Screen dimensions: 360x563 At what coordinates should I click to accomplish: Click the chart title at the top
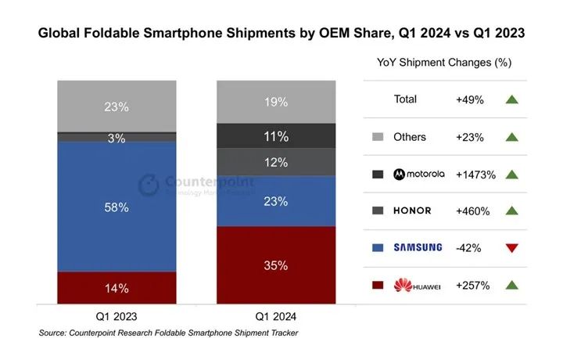coord(281,34)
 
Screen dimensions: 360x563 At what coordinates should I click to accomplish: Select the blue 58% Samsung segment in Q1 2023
coord(117,207)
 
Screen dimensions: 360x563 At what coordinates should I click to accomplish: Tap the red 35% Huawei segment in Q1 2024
coord(276,265)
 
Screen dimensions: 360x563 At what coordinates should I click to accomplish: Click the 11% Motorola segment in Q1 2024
coord(276,136)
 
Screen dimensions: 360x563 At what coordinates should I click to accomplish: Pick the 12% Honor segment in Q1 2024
coord(276,162)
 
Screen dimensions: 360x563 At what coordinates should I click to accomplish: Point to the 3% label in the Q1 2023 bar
coord(117,138)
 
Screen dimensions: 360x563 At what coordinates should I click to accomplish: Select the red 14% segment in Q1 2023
coord(117,287)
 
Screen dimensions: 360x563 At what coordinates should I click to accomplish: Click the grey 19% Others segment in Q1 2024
coord(276,102)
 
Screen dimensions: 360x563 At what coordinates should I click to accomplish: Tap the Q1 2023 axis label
coord(117,317)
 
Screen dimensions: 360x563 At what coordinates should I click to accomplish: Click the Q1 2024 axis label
coord(276,317)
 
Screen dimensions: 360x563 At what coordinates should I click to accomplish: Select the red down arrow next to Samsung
coord(512,248)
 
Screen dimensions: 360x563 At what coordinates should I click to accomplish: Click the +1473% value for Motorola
coord(475,175)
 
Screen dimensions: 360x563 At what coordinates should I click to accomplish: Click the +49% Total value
coord(470,99)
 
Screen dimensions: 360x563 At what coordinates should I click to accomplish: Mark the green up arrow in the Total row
coord(512,99)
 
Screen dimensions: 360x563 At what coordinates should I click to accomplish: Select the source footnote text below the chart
coord(168,333)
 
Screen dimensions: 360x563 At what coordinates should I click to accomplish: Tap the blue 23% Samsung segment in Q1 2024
coord(276,201)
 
